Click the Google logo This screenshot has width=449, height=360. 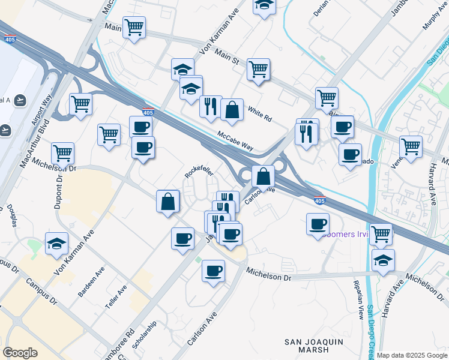click(20, 353)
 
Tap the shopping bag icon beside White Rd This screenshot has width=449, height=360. click(231, 110)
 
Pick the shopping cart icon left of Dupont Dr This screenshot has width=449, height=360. click(62, 153)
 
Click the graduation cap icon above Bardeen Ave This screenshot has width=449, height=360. click(56, 244)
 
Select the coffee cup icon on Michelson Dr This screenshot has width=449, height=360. click(213, 271)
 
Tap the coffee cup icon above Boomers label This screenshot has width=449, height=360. click(318, 224)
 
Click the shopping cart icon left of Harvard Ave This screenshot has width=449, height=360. click(411, 146)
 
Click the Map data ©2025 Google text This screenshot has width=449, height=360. click(412, 355)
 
